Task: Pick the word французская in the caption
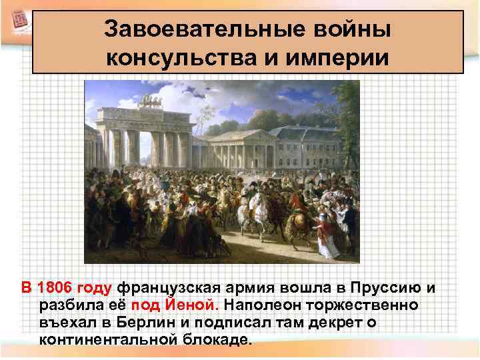(x=162, y=289)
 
